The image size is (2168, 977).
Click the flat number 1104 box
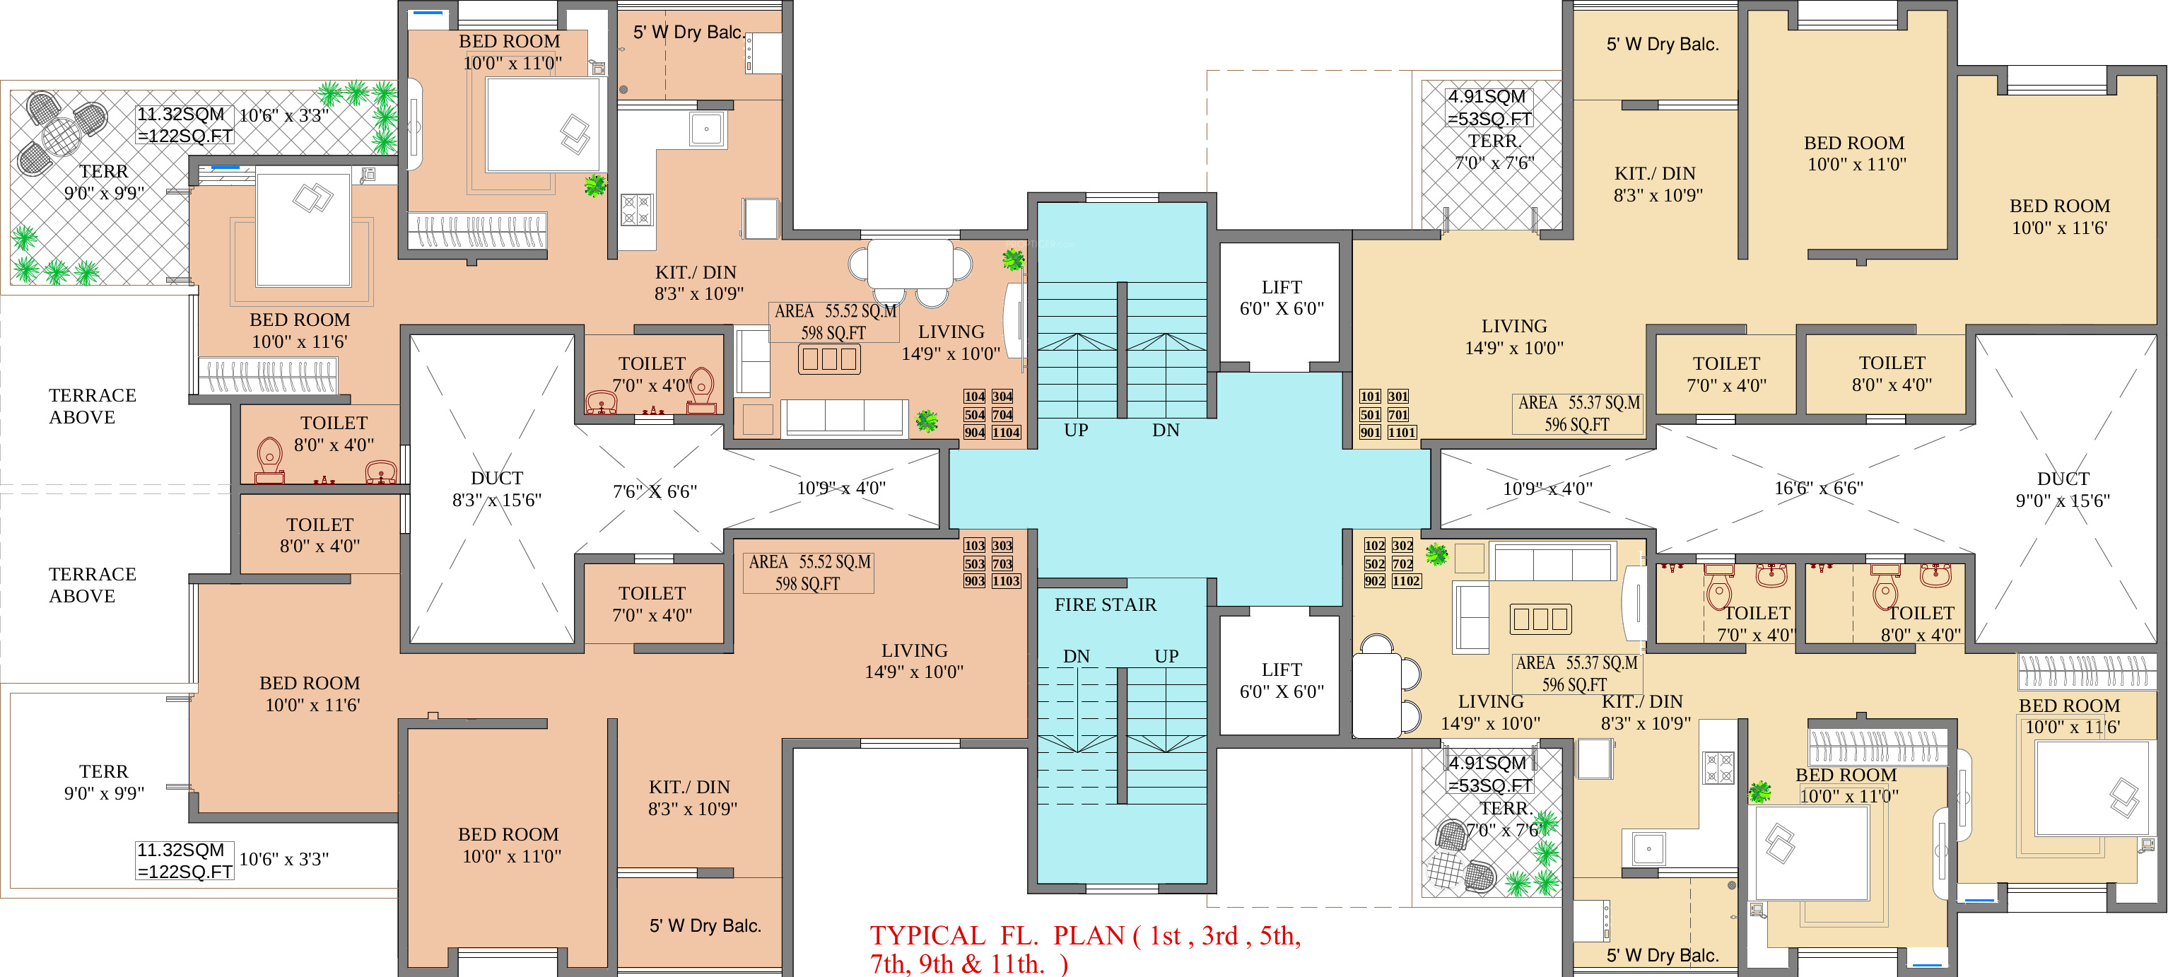coord(1006,433)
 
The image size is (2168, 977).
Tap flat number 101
coord(1370,397)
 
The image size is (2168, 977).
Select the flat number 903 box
coord(975,580)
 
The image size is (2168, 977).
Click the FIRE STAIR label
coord(1105,604)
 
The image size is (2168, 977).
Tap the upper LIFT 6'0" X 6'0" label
coord(1281,298)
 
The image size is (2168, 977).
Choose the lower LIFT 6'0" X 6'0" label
coord(1281,680)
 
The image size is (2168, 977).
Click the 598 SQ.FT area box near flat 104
coord(833,322)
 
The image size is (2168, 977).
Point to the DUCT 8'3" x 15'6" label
coord(496,489)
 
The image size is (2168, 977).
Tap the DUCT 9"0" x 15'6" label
coord(2062,490)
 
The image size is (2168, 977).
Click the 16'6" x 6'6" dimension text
coord(1819,488)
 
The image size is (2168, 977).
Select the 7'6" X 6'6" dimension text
coord(655,491)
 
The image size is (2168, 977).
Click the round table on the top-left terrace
coord(61,134)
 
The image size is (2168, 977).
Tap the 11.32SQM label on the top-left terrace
coord(181,115)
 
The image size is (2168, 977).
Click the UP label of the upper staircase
coord(1076,430)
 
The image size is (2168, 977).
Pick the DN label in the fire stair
coord(1076,656)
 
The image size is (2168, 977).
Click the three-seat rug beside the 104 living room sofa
coord(829,359)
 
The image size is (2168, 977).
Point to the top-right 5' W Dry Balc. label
coord(1662,44)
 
